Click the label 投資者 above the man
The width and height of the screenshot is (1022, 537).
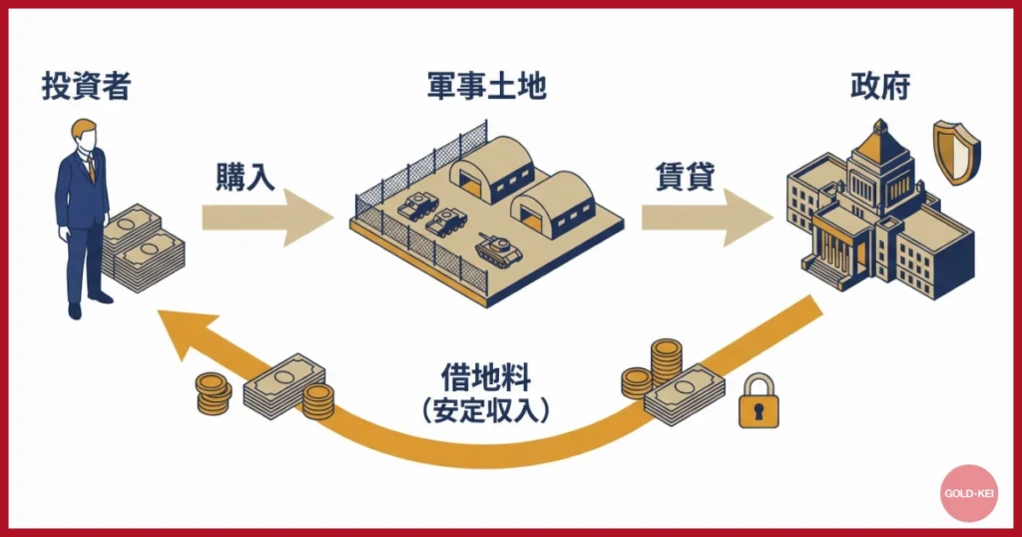tap(86, 87)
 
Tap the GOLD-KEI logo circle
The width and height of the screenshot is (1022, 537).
tap(968, 493)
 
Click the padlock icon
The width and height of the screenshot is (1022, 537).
tap(759, 401)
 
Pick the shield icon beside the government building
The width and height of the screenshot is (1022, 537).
tap(956, 152)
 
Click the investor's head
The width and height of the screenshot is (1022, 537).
tap(86, 136)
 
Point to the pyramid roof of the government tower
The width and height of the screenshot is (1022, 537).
tap(878, 145)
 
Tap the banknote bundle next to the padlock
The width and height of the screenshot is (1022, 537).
tap(684, 392)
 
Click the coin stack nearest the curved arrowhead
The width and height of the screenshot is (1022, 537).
tap(213, 392)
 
